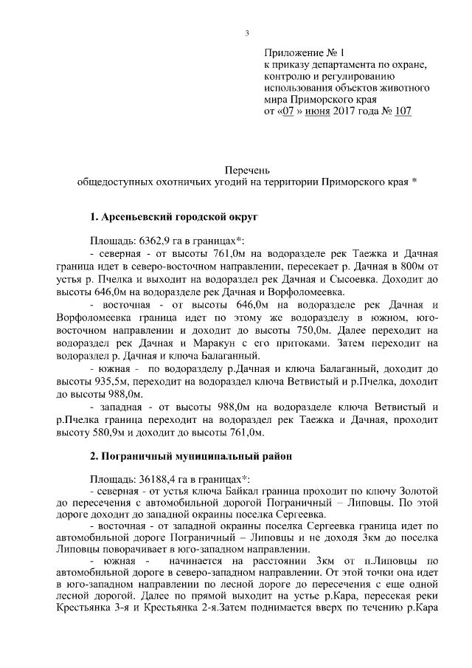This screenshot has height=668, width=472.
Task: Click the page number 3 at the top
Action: [247, 32]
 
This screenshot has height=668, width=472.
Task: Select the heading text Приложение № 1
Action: [304, 54]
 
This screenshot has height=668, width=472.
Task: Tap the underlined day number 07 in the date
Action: [288, 111]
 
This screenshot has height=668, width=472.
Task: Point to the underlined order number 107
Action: [402, 111]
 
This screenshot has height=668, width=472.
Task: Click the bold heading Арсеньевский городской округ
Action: [173, 218]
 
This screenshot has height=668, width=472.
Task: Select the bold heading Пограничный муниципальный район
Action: [191, 457]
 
